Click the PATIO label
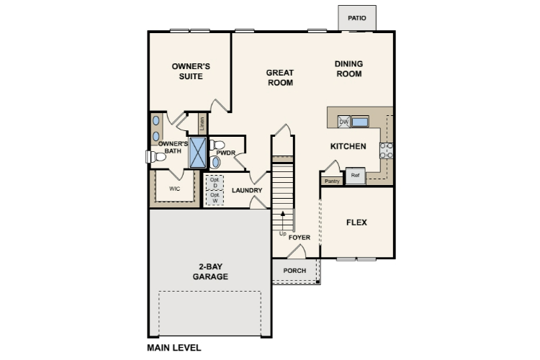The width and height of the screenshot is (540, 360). coord(357,18)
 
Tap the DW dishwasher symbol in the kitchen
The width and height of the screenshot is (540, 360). coord(343,122)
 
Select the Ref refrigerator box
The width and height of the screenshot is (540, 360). coord(355,176)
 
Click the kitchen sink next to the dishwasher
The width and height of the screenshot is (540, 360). coord(360,122)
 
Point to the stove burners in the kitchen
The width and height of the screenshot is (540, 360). coord(386,150)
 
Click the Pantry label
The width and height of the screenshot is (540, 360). coord(332,181)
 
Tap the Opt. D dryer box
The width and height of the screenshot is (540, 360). coord(215,183)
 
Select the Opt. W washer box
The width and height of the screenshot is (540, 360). coord(215,198)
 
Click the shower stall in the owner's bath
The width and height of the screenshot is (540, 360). coord(198,152)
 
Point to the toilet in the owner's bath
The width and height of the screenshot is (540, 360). coord(156,157)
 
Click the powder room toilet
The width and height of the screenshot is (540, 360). coord(217,145)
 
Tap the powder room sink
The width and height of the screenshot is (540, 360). coord(215,162)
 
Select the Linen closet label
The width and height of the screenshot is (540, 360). coord(202,123)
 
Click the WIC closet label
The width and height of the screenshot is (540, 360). coord(175,189)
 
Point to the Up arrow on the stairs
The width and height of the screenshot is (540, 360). coord(283,220)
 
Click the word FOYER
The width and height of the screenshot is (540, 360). coord(300,238)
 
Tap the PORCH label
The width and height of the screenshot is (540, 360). coord(294,271)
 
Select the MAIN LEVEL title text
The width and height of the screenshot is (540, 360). coord(174,348)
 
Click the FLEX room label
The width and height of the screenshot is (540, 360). coord(356,222)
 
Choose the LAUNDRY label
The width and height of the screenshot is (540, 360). coord(247,190)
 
